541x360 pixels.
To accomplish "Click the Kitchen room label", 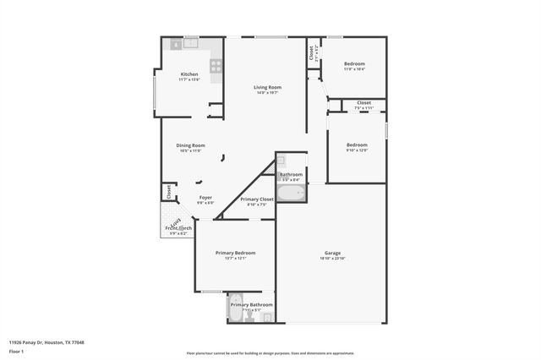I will coord(189,74).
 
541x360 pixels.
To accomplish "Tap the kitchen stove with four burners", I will coord(216,63).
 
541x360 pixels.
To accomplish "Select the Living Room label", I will coord(267,87).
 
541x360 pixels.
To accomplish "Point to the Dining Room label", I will coord(190,145).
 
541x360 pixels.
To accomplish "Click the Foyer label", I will coord(205,198).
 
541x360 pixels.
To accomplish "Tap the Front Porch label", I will coord(178,228).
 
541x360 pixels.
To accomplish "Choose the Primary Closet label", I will coord(256,199).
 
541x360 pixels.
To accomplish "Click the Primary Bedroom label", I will coord(235,253).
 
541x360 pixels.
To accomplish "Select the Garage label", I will coord(332,254).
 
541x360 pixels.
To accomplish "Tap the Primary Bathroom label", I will coord(251,304).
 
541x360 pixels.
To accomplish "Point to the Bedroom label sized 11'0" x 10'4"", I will coord(354,64).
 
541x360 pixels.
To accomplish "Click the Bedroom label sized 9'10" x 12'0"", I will coord(357,145).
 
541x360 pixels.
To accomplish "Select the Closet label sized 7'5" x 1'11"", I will coord(363,103).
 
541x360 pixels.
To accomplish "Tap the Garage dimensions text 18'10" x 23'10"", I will coord(332,259).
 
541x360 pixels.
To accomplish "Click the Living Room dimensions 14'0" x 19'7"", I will coord(267,92).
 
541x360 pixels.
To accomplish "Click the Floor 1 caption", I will coord(17,350).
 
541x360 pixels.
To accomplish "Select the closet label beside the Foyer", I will coord(168,191).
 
